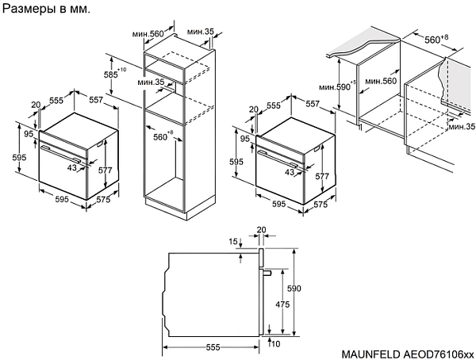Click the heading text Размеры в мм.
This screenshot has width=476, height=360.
click(46, 11)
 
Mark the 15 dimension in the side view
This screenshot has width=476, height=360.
click(233, 242)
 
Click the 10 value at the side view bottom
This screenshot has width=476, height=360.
click(275, 344)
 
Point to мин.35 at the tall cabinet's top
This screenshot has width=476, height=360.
click(201, 32)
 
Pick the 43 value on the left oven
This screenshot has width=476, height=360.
click(72, 168)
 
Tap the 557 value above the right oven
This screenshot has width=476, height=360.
click(312, 104)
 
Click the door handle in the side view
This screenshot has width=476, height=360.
click(266, 273)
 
